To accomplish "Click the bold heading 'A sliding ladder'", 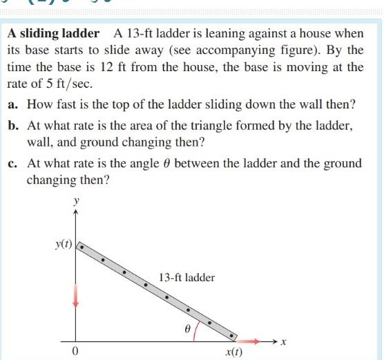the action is (x=52, y=33).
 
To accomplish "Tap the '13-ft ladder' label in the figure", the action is (x=186, y=278).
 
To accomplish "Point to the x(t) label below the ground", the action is (x=234, y=352).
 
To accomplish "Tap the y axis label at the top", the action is (x=76, y=200).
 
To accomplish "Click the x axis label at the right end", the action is (x=283, y=341).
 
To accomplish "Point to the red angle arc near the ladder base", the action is (x=198, y=330).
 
